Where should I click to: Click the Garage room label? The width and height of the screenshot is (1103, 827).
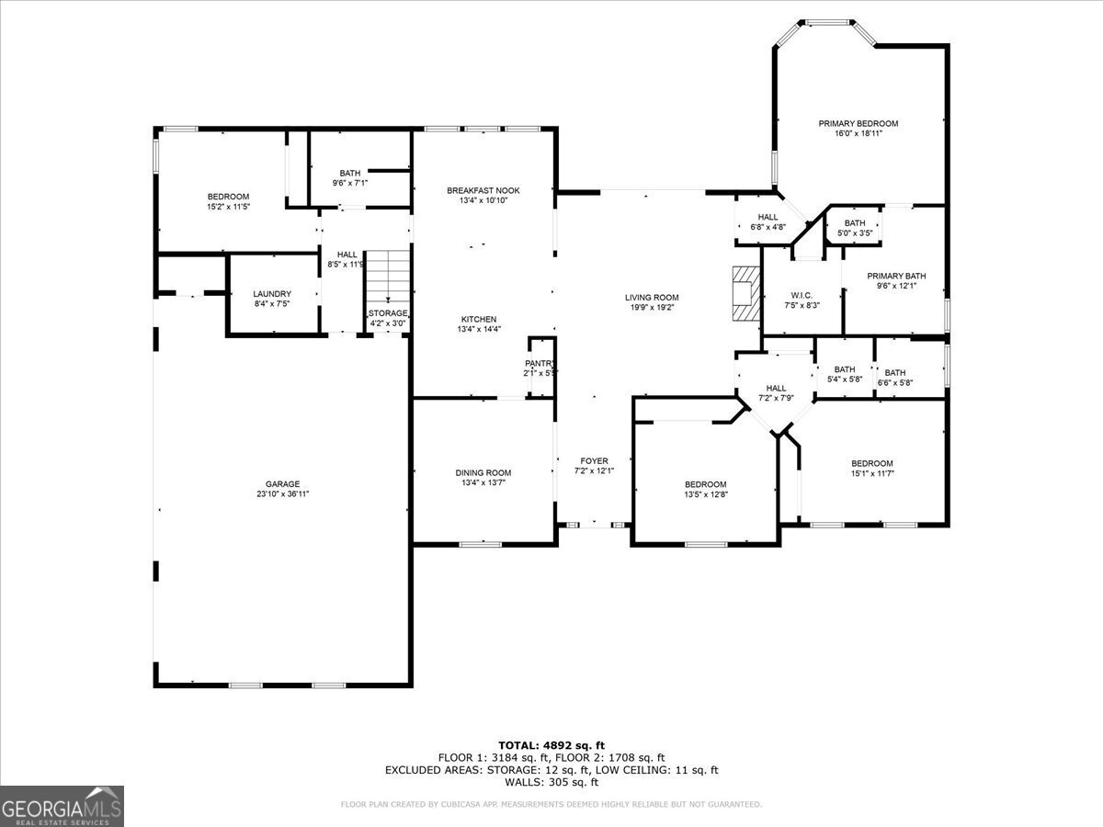pyautogui.click(x=283, y=484)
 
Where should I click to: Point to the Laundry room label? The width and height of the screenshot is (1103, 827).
pyautogui.click(x=272, y=294)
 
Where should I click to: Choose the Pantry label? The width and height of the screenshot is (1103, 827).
pyautogui.click(x=540, y=363)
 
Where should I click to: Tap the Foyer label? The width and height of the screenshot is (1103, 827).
pyautogui.click(x=593, y=461)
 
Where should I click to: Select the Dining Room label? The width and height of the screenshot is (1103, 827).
pyautogui.click(x=483, y=472)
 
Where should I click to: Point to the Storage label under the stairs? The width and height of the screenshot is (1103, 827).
pyautogui.click(x=388, y=313)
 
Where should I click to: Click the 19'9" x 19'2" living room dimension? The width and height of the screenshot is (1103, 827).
pyautogui.click(x=652, y=308)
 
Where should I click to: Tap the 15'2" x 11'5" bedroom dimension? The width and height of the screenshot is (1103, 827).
pyautogui.click(x=228, y=207)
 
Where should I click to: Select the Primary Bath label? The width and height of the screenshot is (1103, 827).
pyautogui.click(x=896, y=276)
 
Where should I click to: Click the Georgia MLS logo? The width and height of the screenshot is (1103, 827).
pyautogui.click(x=62, y=806)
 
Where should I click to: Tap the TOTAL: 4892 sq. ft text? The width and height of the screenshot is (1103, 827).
pyautogui.click(x=551, y=745)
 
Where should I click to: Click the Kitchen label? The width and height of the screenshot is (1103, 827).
pyautogui.click(x=478, y=319)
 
